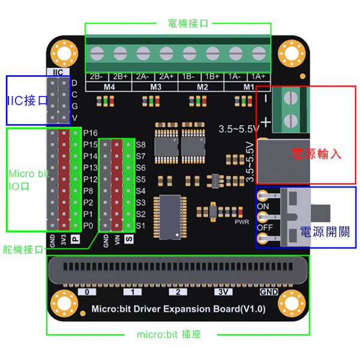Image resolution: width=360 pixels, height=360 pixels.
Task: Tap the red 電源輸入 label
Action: point(316,153)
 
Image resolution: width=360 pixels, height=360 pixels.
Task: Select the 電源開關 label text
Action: point(325,232)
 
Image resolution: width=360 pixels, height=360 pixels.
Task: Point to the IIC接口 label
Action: point(27,100)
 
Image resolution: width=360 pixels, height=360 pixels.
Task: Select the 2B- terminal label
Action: point(96,77)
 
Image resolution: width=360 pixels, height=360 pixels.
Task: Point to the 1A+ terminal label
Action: point(259,77)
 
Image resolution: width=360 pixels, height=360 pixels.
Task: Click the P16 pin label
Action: point(91,133)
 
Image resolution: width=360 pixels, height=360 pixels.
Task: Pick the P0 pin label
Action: point(89,226)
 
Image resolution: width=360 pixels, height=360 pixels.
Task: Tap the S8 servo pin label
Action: point(141,145)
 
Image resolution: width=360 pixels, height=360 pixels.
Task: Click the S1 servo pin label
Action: point(141,226)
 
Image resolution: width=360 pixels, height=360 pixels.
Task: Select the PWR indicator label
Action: point(241,222)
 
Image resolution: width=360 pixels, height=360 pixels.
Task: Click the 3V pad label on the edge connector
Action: point(223,292)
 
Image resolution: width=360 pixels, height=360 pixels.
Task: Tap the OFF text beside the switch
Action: point(265,228)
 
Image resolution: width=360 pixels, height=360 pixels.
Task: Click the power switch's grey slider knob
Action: point(322,212)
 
